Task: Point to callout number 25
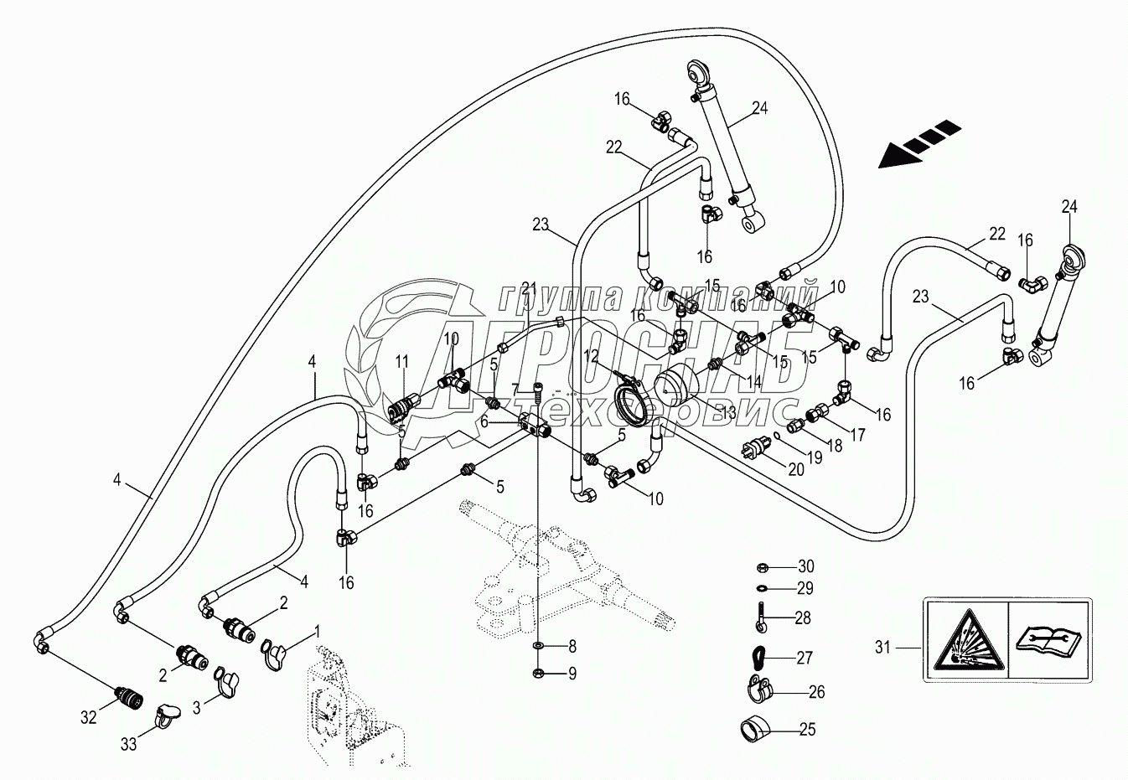(x=806, y=730)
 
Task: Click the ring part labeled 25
(x=753, y=729)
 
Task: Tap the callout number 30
(x=806, y=566)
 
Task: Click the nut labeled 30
(x=762, y=566)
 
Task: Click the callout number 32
(x=90, y=716)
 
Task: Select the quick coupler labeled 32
(x=127, y=695)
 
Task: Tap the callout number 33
(x=128, y=744)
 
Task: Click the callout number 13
(x=727, y=412)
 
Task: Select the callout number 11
(x=401, y=362)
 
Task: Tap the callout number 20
(x=795, y=470)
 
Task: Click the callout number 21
(x=527, y=288)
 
